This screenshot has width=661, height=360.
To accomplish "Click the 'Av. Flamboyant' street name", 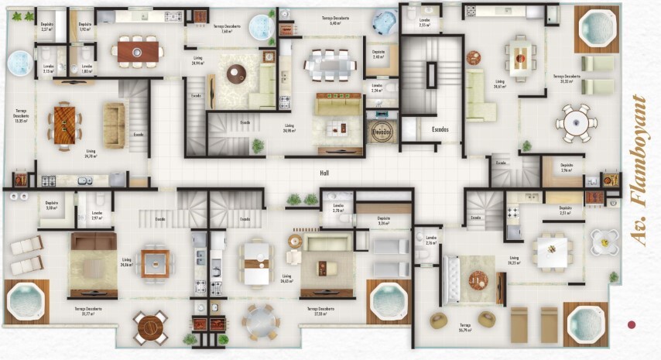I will [x=639, y=170].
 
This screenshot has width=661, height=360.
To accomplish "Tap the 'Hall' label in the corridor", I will [x=324, y=174].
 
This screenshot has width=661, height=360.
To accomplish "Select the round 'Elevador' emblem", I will [x=382, y=132].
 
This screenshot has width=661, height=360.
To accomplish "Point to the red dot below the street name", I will [x=632, y=324].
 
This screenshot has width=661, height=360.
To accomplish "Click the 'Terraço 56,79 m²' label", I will [x=464, y=327].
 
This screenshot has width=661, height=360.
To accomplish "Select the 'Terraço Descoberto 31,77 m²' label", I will [x=88, y=310].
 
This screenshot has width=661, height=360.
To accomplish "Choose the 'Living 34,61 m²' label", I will [x=500, y=85].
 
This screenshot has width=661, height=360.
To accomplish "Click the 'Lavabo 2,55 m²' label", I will [x=424, y=22].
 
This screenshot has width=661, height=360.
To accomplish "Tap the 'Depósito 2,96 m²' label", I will [x=567, y=167].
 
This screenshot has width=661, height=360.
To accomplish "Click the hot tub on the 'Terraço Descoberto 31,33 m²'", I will [x=596, y=29].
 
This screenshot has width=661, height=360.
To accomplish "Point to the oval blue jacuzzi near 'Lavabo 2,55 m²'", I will [x=383, y=21].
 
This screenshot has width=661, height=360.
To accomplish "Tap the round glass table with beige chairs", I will [x=261, y=319].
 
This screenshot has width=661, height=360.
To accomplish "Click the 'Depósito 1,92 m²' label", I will [x=84, y=26].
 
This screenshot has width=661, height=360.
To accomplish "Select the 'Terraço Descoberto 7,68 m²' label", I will [x=227, y=28].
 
